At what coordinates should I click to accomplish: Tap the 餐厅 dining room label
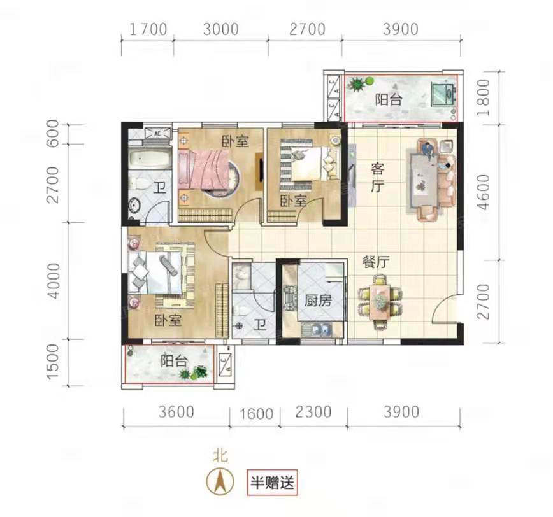tap(376, 262)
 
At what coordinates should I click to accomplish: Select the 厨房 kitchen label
tap(318, 301)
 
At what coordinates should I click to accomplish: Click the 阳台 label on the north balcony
tap(388, 100)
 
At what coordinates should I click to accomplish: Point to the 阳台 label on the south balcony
tap(174, 360)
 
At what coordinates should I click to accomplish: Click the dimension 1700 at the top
tap(148, 29)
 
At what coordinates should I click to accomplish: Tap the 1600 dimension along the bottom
tap(256, 414)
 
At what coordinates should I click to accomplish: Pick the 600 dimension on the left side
tap(52, 133)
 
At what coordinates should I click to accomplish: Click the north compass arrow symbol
tap(220, 481)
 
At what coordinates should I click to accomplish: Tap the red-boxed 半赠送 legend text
tap(272, 482)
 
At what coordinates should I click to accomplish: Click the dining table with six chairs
tap(380, 302)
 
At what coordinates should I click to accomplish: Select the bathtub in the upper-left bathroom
tap(150, 159)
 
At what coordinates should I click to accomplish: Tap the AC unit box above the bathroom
tap(157, 133)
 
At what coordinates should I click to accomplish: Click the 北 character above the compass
tap(220, 456)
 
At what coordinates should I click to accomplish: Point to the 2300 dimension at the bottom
tap(313, 412)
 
